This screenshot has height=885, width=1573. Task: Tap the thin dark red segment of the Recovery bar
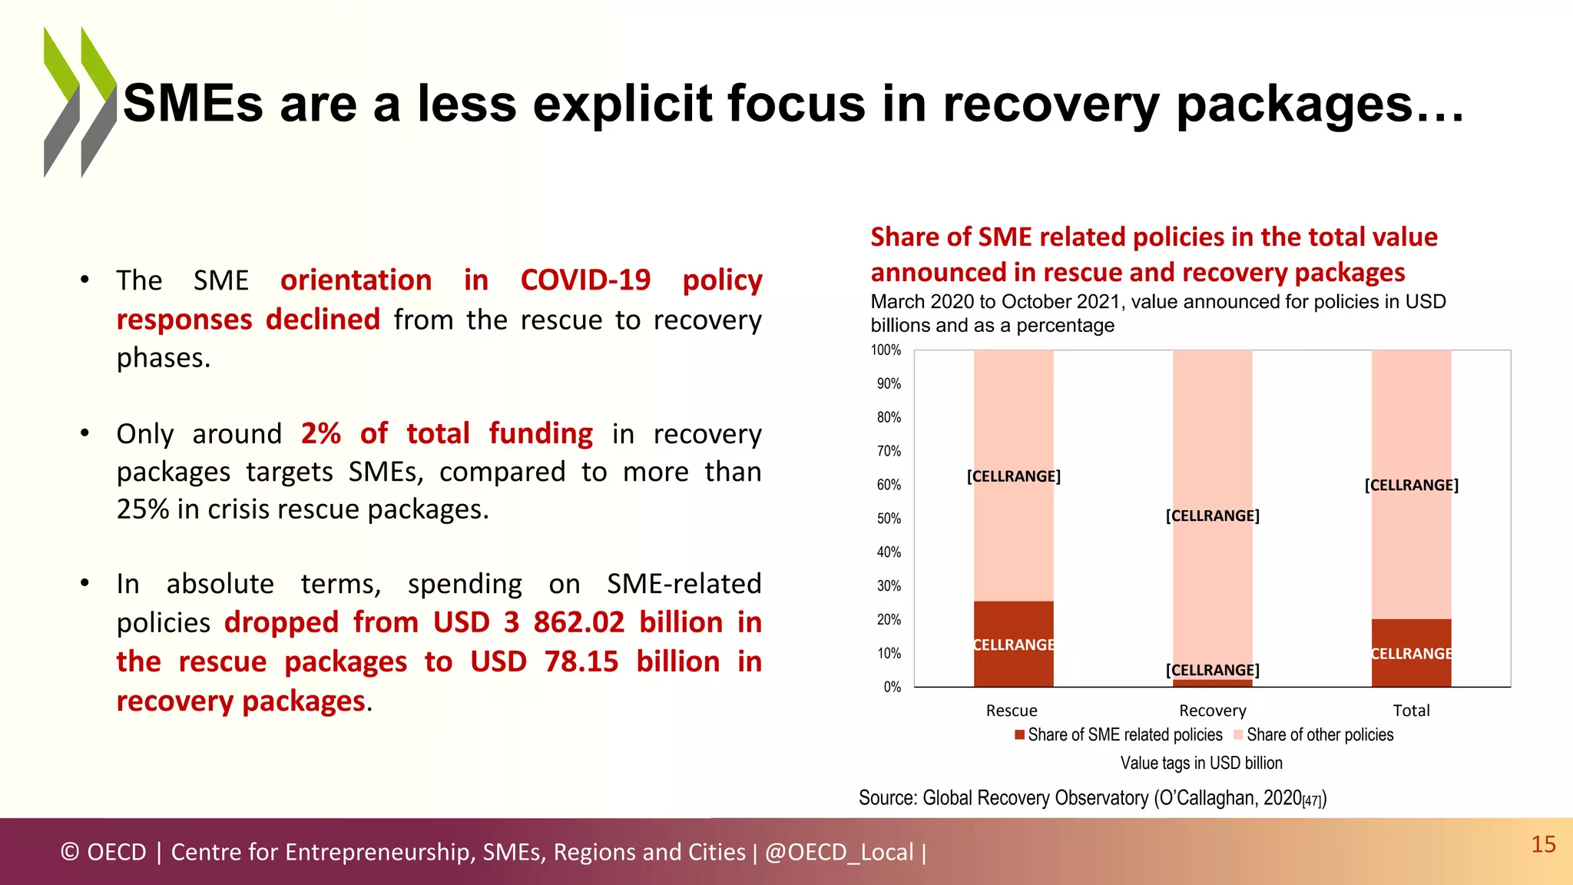[1212, 683]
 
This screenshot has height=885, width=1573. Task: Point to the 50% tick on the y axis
[889, 519]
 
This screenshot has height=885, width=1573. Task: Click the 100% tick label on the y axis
[886, 350]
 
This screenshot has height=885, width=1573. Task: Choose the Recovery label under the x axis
[1212, 711]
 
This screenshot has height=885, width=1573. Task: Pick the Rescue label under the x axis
[1012, 711]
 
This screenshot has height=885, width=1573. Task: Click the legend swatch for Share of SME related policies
[1019, 735]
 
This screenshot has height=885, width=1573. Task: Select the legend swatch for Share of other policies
[1237, 735]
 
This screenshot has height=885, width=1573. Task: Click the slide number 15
[1543, 844]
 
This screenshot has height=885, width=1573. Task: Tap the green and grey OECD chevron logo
[80, 102]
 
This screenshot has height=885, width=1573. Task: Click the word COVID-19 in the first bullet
[585, 280]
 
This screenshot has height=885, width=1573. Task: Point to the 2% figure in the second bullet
[320, 434]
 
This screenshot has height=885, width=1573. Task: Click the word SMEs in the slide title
[193, 104]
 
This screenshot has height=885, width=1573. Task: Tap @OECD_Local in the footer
[839, 852]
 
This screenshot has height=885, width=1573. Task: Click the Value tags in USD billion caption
[1200, 763]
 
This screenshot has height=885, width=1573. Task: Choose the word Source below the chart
[886, 798]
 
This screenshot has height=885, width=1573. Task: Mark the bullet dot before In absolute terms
[85, 584]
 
